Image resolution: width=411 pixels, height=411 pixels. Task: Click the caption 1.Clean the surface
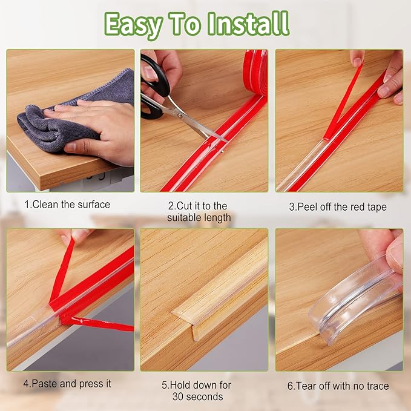[x=67, y=205]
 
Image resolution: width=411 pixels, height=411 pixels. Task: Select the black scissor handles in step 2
[x=151, y=85]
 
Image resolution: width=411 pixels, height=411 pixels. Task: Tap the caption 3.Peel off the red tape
[x=337, y=207]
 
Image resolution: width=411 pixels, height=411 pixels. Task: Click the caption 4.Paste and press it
[x=67, y=384]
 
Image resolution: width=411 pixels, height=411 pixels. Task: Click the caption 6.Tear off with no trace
[x=338, y=386]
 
